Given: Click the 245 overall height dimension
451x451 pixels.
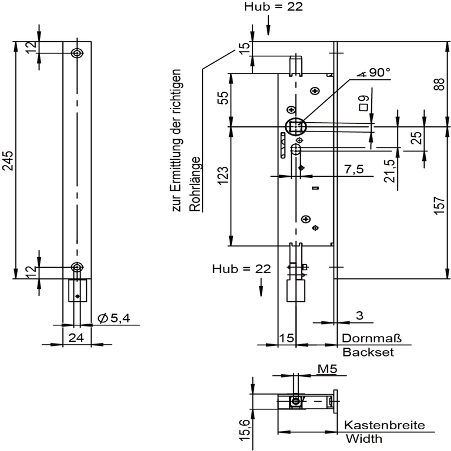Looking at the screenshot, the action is coord(8,160).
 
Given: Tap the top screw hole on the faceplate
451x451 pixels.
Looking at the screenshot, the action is coord(77,53).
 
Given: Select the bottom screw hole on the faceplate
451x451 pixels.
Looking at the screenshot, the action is coord(77,267).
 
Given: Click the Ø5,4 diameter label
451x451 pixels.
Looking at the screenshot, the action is coord(114,318).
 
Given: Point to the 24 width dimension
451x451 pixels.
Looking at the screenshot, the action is coord(76,338).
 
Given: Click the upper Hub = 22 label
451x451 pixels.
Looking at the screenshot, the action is coord(274,6).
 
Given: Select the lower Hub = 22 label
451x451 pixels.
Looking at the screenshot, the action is coord(241,269).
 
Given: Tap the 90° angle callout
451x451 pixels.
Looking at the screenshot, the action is coord(374,72).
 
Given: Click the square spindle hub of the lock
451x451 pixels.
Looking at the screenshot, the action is coord(296,127).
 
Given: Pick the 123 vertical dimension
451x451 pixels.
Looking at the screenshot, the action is coord(223,176).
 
